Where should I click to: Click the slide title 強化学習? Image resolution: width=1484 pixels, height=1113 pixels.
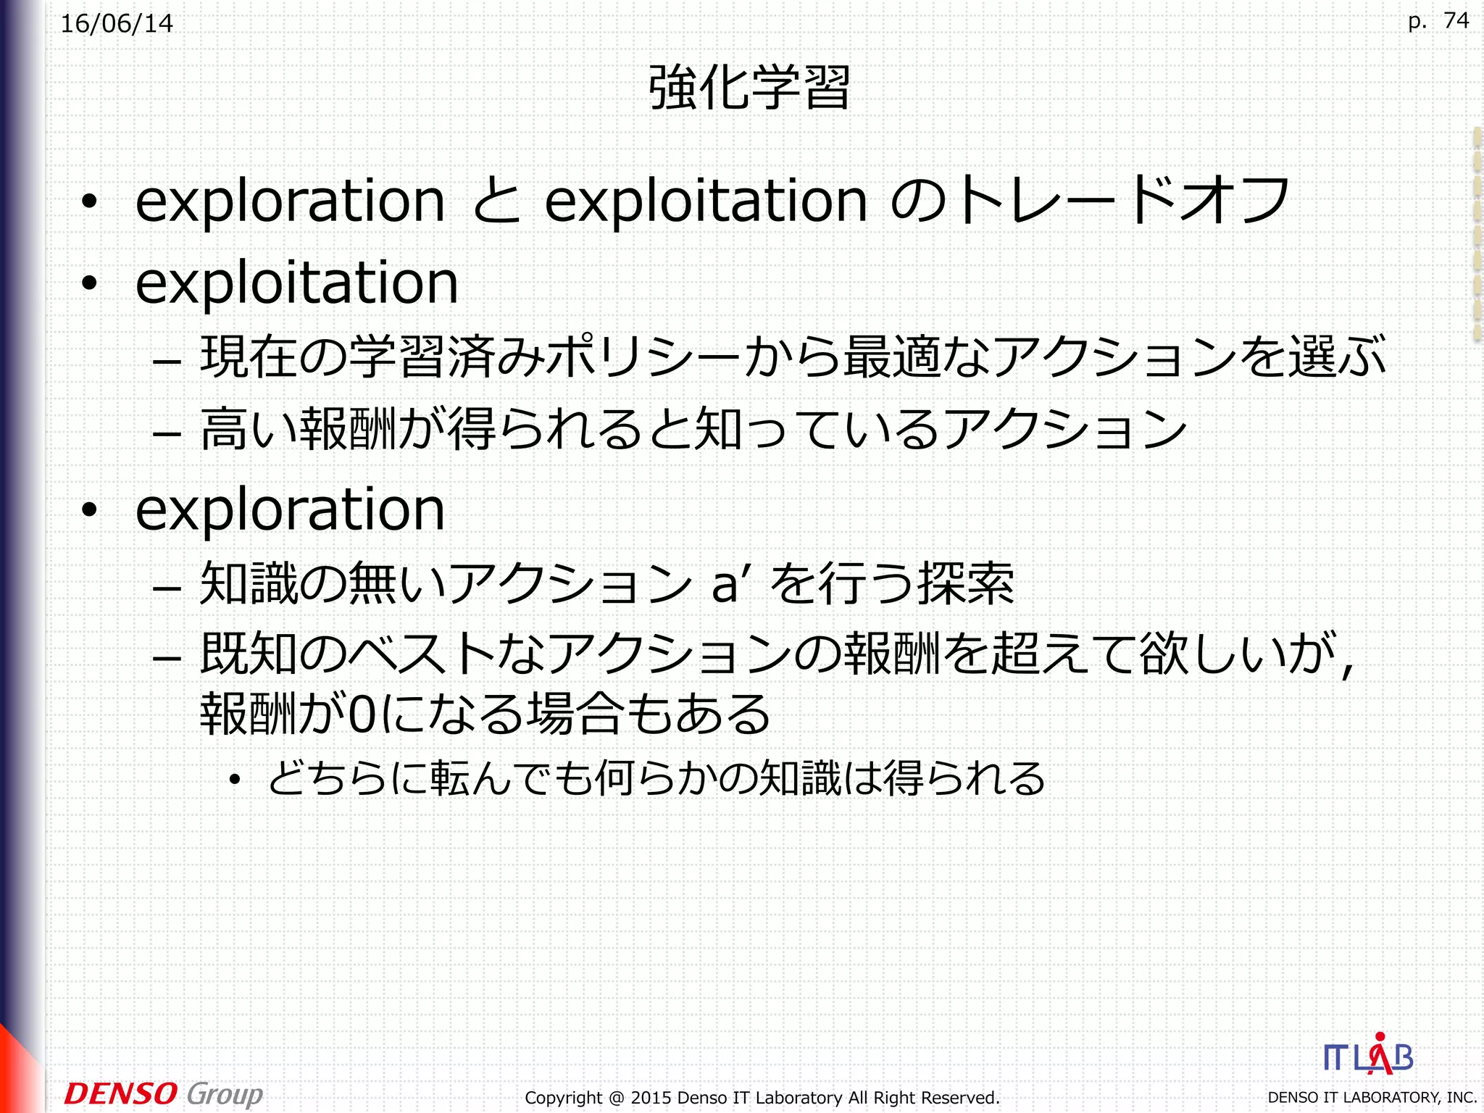749,88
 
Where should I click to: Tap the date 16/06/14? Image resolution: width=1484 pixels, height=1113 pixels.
117,24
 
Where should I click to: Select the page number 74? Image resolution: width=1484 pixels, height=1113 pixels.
1456,20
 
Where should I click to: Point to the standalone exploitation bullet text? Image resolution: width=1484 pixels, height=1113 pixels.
297,283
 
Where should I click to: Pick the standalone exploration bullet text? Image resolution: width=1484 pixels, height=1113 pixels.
290,510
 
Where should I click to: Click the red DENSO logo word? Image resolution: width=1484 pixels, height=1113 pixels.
120,1093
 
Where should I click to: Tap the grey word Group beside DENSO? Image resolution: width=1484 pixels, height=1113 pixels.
225,1094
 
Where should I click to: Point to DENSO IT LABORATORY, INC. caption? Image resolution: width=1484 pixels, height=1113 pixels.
1372,1098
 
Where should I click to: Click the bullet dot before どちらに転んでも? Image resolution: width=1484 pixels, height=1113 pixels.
234,780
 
